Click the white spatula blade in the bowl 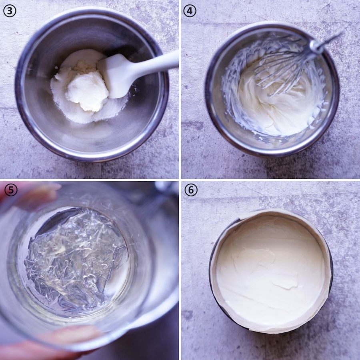(115, 75)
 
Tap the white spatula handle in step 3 (156, 62)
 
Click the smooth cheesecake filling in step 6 (271, 269)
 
